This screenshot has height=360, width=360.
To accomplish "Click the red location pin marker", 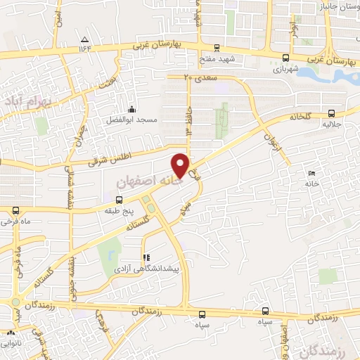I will coord(181,165).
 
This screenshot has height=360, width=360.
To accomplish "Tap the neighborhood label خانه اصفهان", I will coord(146,181).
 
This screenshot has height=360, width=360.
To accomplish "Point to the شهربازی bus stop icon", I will coord(285,58).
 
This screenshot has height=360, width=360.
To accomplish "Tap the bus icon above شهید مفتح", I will coord(217,49).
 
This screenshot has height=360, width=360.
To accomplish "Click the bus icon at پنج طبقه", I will coord(117,200).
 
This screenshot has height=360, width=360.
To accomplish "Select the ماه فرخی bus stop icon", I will coord(16,210).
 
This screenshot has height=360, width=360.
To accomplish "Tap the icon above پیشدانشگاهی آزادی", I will coord(146,257).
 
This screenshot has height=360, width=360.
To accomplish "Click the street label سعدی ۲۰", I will coord(199,76).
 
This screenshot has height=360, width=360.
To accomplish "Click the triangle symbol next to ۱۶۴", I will coord(85,39).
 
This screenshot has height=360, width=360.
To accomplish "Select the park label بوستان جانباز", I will coord(334,8).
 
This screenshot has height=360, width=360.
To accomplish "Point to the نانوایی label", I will coord(11,345).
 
